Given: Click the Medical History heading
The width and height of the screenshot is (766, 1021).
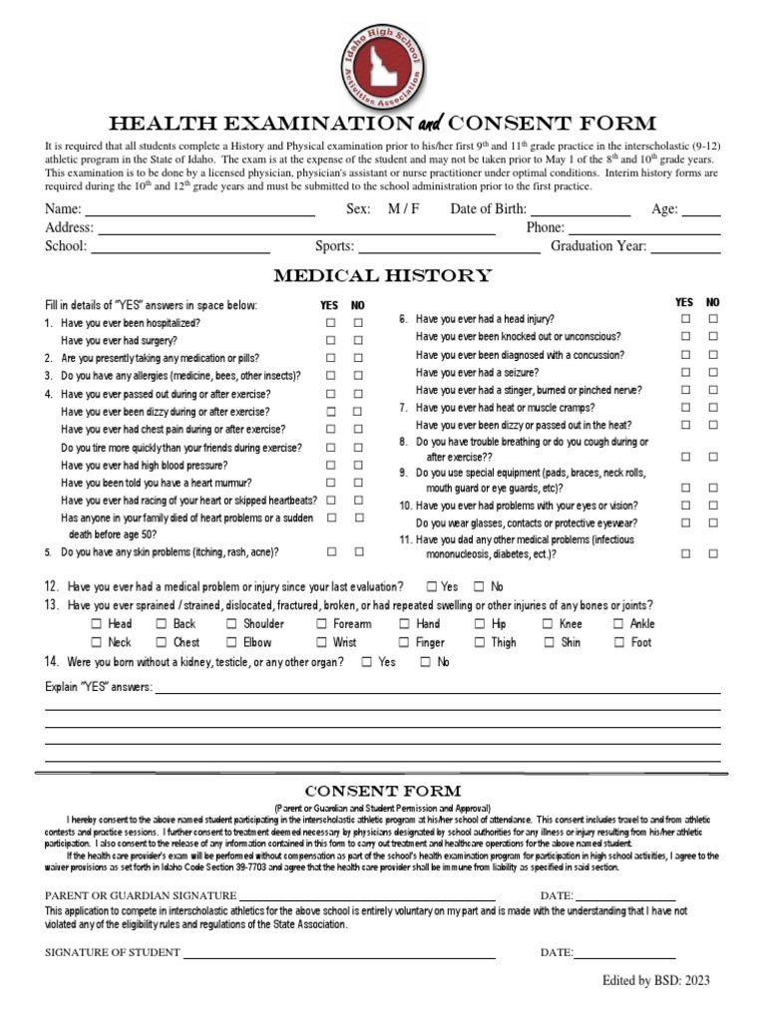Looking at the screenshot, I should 383,276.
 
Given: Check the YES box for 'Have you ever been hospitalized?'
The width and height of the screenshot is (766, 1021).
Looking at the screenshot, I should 330,323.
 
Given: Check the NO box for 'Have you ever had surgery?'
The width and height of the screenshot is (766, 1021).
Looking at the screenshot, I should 358,341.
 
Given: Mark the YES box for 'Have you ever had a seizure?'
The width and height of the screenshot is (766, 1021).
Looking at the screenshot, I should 685,372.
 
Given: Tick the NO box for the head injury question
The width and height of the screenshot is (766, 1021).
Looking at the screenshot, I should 713,319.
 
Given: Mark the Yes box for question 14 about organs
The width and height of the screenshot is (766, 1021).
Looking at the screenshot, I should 367,662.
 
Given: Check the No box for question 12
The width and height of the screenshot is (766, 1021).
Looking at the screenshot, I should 479,587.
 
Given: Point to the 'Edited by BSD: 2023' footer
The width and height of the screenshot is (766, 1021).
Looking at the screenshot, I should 655,981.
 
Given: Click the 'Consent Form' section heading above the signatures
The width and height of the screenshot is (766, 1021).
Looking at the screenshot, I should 383,791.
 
